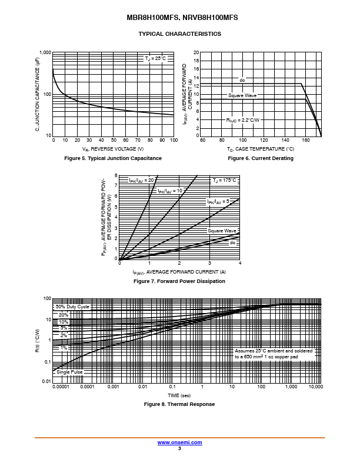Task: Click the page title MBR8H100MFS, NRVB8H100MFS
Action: [179, 18]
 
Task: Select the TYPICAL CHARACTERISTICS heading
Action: [179, 34]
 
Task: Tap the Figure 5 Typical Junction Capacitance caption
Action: [113, 158]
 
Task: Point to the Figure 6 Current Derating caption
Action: [261, 158]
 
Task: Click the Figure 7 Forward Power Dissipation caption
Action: [179, 281]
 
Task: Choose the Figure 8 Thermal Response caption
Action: [179, 404]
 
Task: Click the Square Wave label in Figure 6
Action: [242, 95]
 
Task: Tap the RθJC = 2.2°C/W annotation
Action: [243, 120]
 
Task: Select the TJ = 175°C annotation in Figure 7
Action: [224, 180]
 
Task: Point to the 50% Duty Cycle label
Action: [72, 307]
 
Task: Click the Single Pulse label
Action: [69, 372]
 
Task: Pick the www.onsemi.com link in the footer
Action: [179, 442]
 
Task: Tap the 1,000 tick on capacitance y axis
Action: [45, 52]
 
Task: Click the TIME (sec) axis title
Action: [179, 395]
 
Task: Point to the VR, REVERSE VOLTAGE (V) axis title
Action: [113, 149]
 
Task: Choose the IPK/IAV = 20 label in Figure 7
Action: [141, 180]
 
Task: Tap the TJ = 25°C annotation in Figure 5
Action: [155, 58]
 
